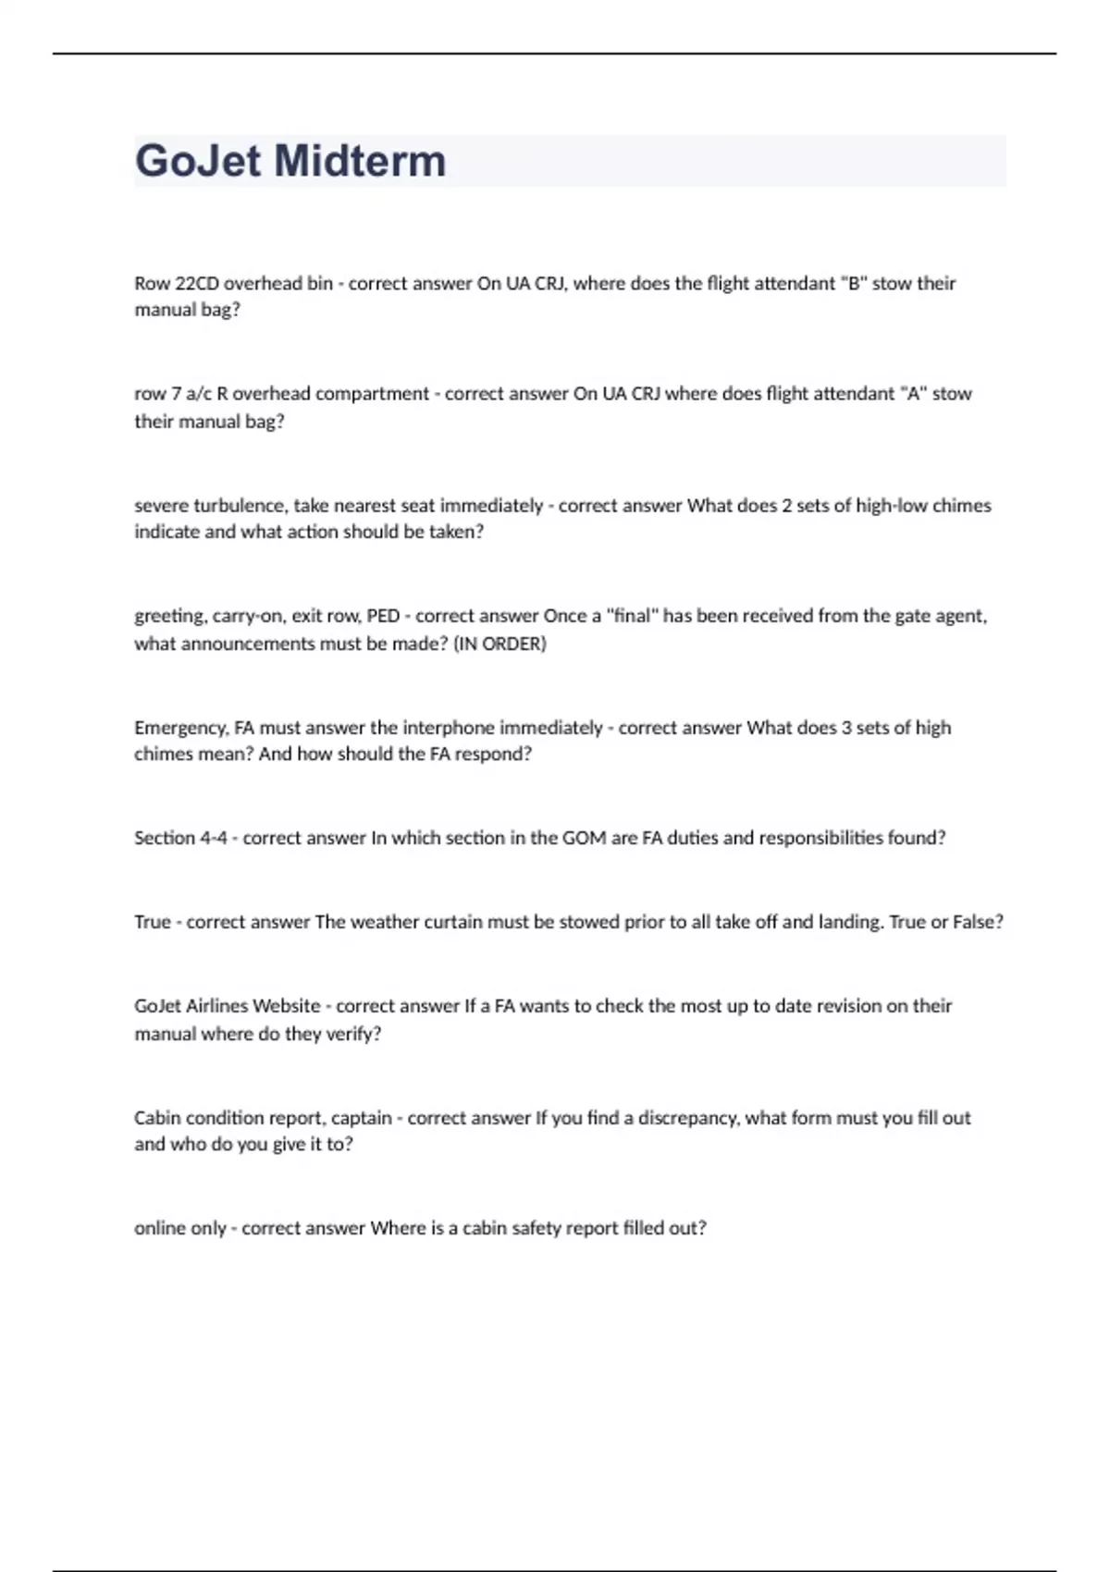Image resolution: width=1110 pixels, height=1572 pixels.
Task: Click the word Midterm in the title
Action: click(x=361, y=161)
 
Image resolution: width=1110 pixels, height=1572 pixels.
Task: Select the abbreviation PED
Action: click(x=383, y=616)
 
